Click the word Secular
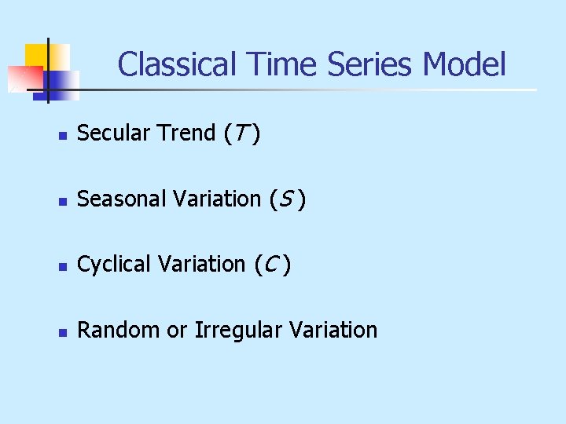click(115, 133)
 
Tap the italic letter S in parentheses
click(283, 200)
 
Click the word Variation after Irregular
click(333, 330)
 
